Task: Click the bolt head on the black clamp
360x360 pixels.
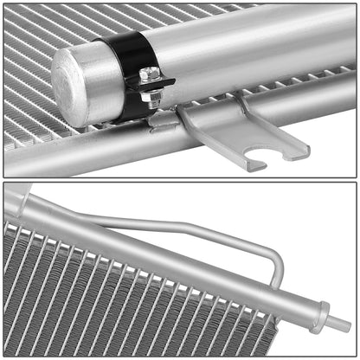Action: [x=150, y=74]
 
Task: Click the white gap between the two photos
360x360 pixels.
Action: [x=180, y=180]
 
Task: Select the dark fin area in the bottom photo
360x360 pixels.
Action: [x=87, y=303]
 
